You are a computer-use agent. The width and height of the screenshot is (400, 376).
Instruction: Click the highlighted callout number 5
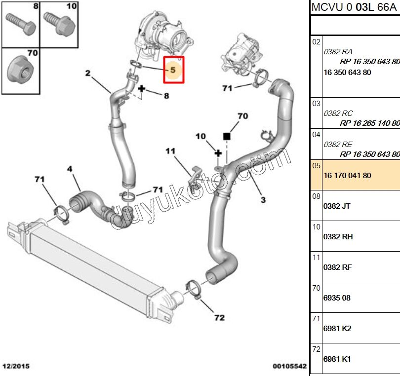(173, 70)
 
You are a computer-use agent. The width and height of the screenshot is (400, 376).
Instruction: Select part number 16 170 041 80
(347, 175)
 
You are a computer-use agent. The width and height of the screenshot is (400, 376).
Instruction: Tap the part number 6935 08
(337, 298)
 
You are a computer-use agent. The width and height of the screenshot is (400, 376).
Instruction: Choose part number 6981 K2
(337, 329)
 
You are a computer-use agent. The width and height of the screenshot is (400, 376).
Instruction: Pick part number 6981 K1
(337, 359)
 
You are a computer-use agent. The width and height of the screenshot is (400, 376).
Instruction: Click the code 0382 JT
(337, 206)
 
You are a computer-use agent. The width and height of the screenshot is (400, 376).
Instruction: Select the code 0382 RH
(338, 236)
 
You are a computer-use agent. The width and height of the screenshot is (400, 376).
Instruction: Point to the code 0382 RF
(337, 267)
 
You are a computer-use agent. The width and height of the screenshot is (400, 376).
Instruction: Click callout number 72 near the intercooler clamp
(219, 318)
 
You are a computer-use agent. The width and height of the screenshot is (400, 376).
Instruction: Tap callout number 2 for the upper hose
(87, 74)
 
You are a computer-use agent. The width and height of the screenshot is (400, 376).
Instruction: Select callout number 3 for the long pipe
(263, 200)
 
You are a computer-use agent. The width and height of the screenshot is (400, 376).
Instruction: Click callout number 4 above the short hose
(70, 169)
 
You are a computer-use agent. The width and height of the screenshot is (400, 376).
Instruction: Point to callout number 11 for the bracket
(170, 151)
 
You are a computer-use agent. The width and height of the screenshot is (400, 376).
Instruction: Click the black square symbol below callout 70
(227, 136)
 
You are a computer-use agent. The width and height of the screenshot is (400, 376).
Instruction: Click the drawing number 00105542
(290, 367)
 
